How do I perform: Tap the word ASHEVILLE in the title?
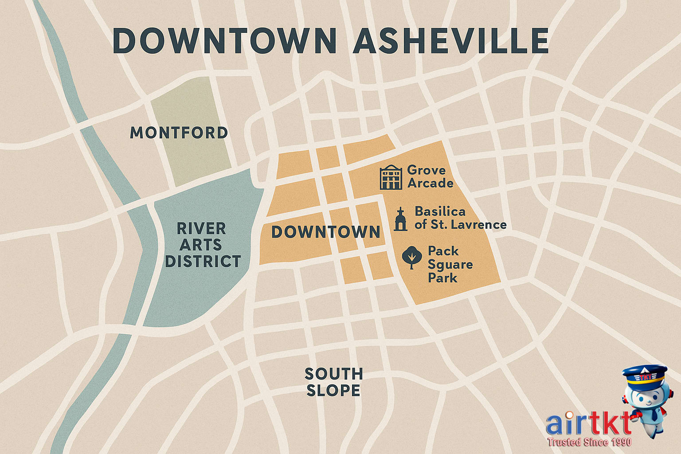[x=451, y=41]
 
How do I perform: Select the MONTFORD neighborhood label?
[x=179, y=133]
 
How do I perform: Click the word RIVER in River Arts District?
[x=201, y=229]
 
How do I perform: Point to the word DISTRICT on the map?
[x=203, y=262]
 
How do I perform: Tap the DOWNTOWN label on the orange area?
[x=326, y=232]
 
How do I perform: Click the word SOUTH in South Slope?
[x=333, y=374]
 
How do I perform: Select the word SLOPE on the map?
[x=333, y=391]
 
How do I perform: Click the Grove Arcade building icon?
[x=391, y=177]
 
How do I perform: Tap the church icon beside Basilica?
[x=400, y=219]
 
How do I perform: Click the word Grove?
[x=427, y=170]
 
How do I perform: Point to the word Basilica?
[x=440, y=211]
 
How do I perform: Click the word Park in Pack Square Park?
[x=442, y=278]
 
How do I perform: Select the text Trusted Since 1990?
[x=589, y=442]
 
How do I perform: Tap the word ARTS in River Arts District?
[x=200, y=245]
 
